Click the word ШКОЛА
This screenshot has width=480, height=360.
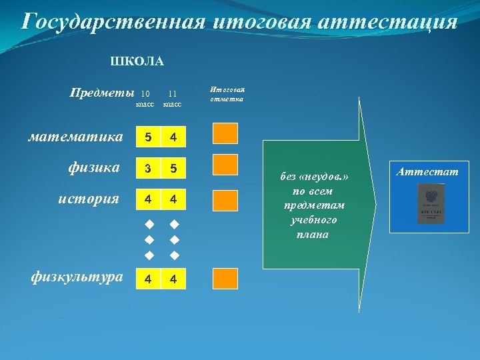137,62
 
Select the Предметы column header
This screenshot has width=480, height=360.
101,93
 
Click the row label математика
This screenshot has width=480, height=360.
75,137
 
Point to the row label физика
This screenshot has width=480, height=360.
93,167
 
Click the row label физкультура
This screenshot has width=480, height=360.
77,277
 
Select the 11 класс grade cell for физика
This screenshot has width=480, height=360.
173,169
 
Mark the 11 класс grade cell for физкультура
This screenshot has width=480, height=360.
173,279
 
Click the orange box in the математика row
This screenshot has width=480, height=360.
225,134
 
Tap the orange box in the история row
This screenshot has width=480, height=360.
225,199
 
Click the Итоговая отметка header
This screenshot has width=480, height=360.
227,94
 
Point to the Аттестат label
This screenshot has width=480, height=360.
427,172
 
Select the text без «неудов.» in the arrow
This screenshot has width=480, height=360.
314,177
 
